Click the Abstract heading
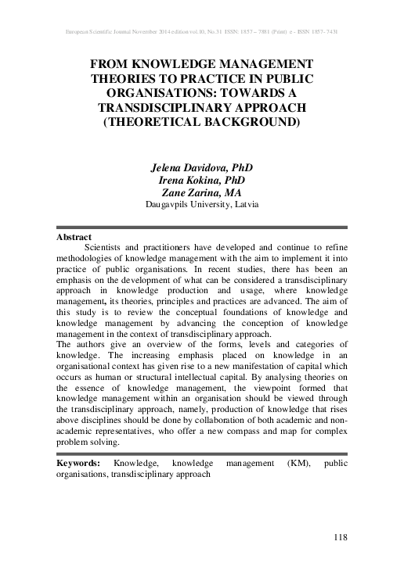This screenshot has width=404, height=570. (74, 236)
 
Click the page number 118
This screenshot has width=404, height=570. (338, 536)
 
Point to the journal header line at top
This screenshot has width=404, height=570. (202, 32)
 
